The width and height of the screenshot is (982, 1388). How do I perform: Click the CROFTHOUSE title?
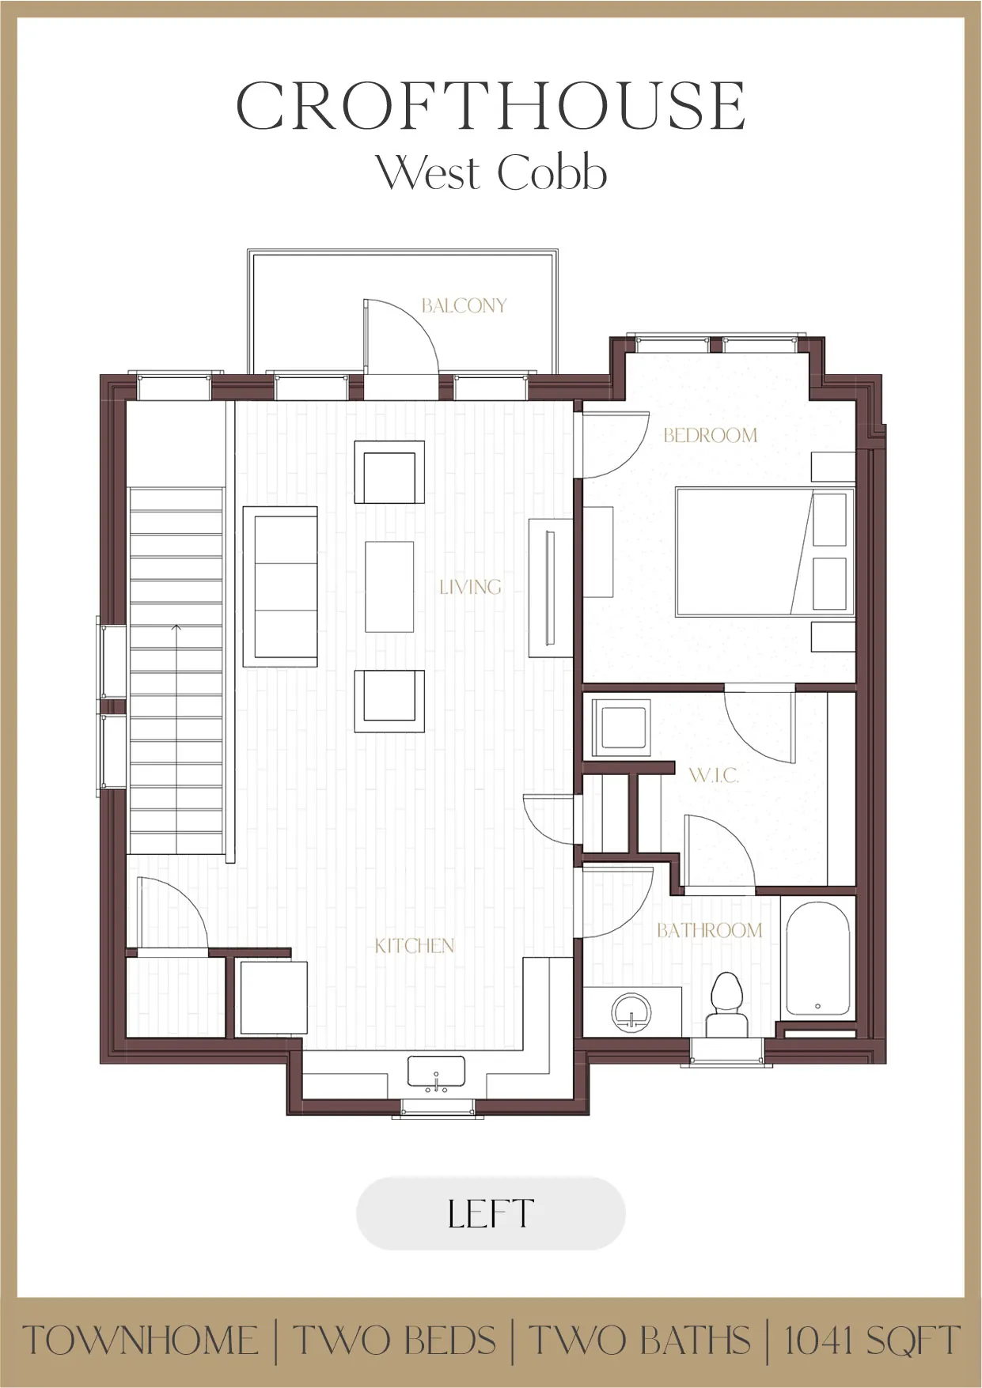491,106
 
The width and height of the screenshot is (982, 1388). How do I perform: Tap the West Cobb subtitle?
491,172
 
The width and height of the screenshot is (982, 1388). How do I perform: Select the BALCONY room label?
464,306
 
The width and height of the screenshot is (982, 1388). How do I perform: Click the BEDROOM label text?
710,435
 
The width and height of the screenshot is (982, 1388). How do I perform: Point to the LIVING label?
470,587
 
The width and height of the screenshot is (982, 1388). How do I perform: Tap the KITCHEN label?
415,946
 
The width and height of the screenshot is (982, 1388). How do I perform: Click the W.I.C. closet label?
714,775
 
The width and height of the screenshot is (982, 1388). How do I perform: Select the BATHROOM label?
709,931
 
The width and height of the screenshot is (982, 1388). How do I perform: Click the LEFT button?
491,1213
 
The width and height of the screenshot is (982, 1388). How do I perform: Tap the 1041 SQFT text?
871,1341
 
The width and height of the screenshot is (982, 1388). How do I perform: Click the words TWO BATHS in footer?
639,1341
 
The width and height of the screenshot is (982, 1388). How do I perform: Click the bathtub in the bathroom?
817,959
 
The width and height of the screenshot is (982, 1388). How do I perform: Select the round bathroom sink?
631,1012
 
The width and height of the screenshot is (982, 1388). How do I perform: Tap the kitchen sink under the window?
436,1072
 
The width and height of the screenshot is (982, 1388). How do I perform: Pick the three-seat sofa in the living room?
281,587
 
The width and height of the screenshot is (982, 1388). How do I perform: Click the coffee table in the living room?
389,587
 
